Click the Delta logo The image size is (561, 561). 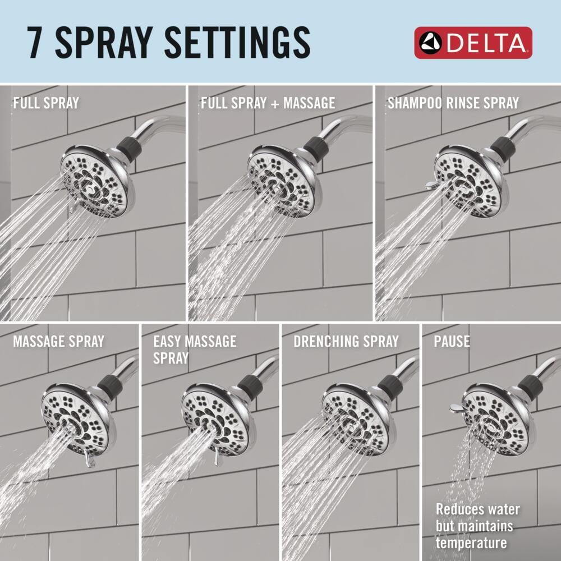[473, 43]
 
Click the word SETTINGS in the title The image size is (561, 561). [237, 42]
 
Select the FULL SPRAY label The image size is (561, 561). [46, 103]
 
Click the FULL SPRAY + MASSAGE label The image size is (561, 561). [268, 103]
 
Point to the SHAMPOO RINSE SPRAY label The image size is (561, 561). [453, 103]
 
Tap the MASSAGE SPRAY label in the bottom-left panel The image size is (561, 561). [59, 341]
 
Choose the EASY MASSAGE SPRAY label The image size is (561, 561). [195, 350]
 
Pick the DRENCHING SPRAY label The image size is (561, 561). [346, 341]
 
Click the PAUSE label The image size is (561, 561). [452, 341]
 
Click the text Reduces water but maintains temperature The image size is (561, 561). [477, 526]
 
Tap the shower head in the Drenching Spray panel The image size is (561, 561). [359, 419]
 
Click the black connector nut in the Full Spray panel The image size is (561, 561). [127, 148]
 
